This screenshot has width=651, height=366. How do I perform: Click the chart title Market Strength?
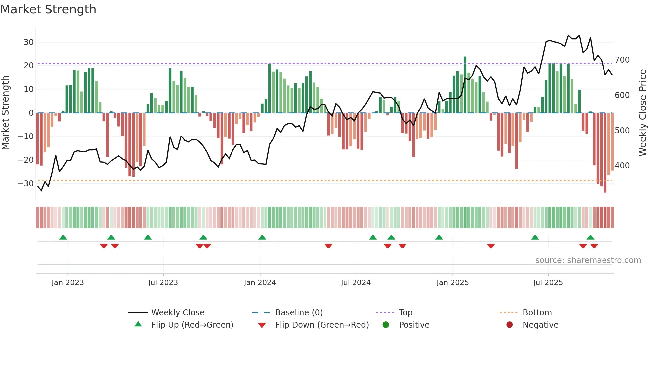[x=48, y=9]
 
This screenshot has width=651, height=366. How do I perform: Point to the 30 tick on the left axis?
[x=29, y=42]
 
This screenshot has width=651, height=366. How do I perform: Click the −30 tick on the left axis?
[x=26, y=184]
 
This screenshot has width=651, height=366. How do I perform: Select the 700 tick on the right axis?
[x=622, y=60]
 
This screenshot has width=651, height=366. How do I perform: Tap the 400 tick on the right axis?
[x=622, y=165]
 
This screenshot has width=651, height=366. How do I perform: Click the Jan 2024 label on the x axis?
[x=260, y=283]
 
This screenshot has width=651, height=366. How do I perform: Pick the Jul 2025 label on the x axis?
[x=548, y=283]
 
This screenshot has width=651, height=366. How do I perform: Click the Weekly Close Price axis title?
[x=643, y=113]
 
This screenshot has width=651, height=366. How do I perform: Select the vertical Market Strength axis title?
[x=5, y=113]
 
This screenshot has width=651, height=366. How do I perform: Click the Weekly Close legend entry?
[x=178, y=313]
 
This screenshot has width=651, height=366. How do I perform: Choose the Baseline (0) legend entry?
[x=299, y=313]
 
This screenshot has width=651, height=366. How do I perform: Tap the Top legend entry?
[x=405, y=313]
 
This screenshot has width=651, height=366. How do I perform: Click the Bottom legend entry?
[x=537, y=313]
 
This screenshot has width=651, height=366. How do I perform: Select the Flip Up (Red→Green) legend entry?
[x=192, y=325]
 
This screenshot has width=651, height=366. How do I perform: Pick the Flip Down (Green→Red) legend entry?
[x=322, y=325]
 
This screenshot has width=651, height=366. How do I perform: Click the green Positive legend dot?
[x=386, y=325]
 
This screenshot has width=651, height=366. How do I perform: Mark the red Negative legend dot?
[x=510, y=325]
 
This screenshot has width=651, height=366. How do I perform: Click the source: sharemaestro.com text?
[x=588, y=260]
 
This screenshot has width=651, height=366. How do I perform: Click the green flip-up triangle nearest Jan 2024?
[x=262, y=237]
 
